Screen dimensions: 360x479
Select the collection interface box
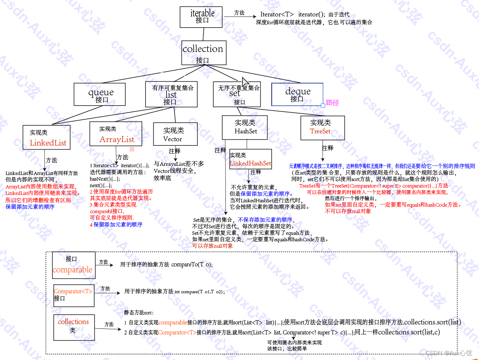coord(203,53)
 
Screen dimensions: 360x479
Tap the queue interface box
coord(101,94)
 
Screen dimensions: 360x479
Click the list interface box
coord(170,94)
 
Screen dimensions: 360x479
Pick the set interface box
coord(237,94)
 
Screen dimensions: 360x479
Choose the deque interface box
coord(297,94)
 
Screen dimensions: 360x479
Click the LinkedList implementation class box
coord(47,138)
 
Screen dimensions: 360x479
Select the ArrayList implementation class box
coord(116,134)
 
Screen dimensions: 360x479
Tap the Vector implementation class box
coord(175,134)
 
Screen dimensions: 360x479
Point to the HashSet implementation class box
coord(245,126)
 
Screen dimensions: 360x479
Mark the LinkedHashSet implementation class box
coord(250,159)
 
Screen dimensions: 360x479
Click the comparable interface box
coord(72,265)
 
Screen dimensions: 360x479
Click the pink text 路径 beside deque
coord(332,103)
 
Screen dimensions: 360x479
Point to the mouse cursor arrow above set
coord(245,82)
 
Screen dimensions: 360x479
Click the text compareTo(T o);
coord(192,264)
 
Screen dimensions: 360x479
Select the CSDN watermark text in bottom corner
coord(448,353)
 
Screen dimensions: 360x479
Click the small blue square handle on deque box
coord(323,105)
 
